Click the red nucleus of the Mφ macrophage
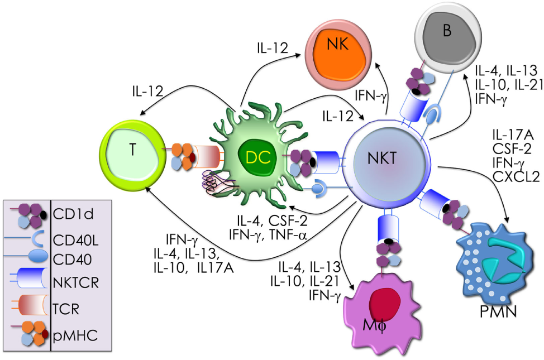[x=385, y=304]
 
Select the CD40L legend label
[x=76, y=241]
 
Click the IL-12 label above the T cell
[x=147, y=90]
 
